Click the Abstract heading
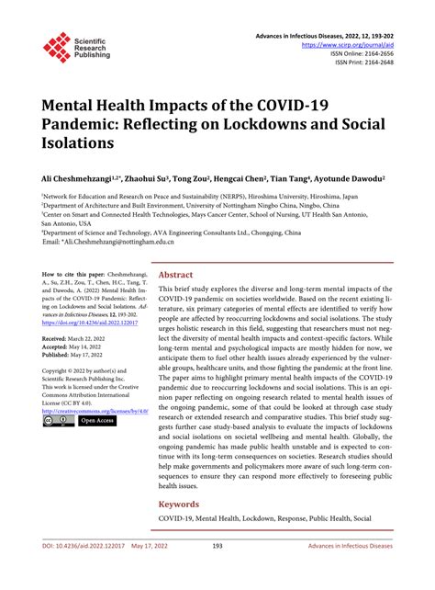pos(176,274)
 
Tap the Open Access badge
pos(96,420)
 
